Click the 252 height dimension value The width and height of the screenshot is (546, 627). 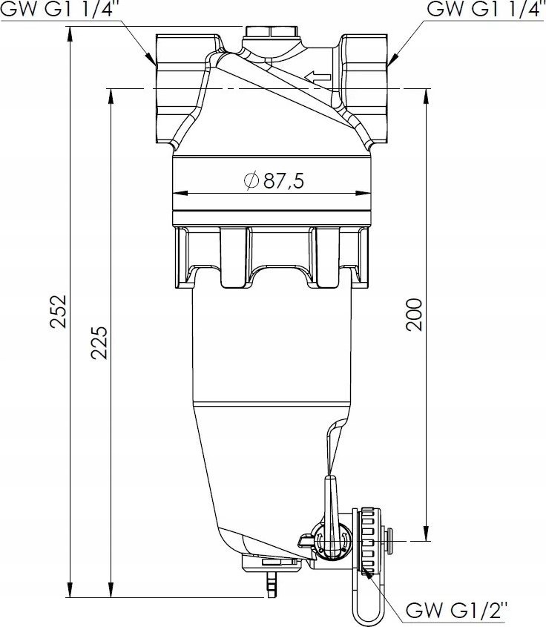60,311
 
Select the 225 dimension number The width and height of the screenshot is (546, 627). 99,341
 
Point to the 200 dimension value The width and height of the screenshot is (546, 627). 415,315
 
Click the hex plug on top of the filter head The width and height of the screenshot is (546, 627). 269,33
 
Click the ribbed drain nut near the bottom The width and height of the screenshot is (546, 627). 367,540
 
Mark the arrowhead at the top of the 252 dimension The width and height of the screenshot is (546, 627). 70,32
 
